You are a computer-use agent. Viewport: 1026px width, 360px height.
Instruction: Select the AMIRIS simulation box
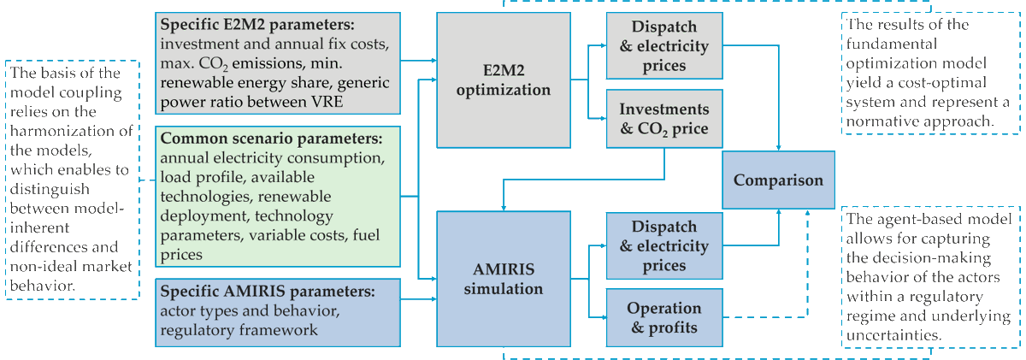point(503,279)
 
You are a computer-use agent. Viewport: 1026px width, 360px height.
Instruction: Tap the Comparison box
point(778,180)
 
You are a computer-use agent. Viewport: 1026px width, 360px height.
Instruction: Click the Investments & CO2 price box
point(663,121)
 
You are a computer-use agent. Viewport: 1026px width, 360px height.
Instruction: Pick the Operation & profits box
point(663,317)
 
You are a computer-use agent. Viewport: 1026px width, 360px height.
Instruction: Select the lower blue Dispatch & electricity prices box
point(663,246)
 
